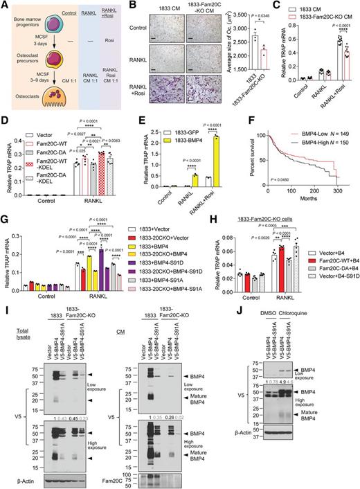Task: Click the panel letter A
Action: click(5, 6)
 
